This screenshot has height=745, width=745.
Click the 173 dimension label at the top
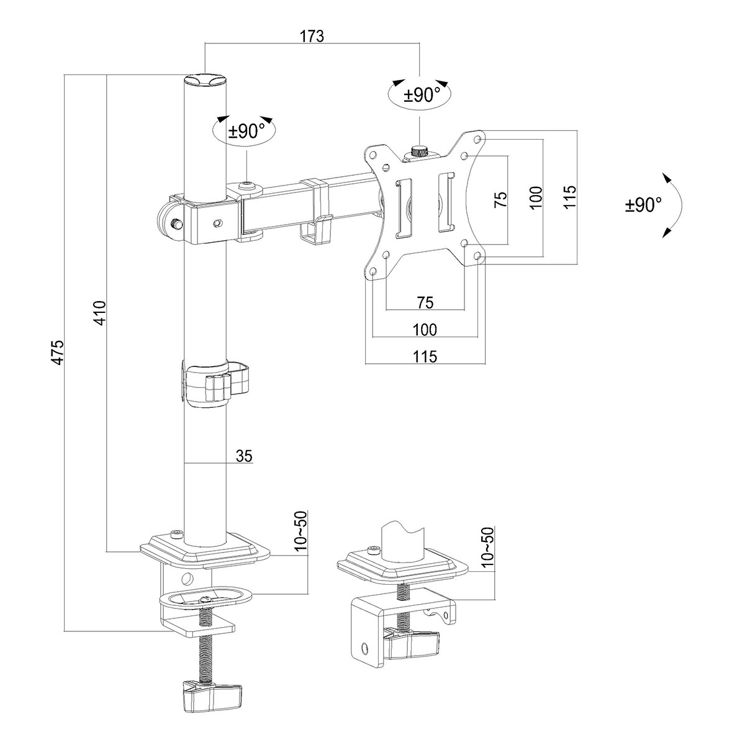(x=312, y=35)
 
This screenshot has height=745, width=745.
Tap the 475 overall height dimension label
(x=58, y=352)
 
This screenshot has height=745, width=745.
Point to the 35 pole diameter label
(x=244, y=456)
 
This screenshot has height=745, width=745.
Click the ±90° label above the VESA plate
(x=422, y=95)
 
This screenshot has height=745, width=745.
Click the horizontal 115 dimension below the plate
(x=425, y=356)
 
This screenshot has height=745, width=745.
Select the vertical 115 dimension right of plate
(x=569, y=197)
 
